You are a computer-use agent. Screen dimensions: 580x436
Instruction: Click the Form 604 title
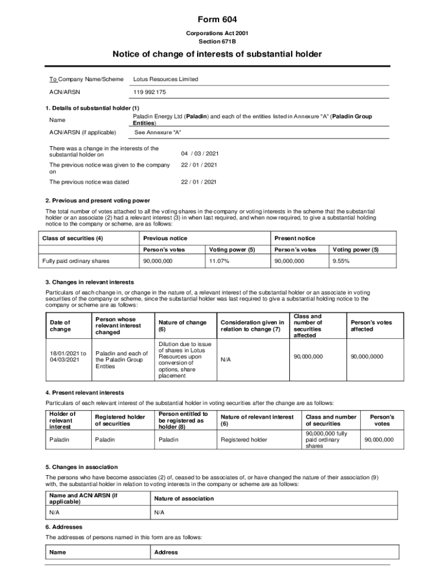217,20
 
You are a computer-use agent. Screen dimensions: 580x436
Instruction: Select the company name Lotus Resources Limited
165,79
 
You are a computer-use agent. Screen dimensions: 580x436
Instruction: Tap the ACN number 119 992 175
150,92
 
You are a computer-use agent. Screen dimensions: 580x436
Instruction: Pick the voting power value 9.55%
341,261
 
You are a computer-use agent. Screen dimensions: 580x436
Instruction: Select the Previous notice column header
165,238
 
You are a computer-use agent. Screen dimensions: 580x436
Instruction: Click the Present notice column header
294,238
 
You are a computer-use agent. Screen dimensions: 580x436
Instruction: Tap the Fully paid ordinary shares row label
76,261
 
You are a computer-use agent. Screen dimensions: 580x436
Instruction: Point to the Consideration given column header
252,326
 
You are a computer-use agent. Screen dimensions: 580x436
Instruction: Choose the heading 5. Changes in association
81,467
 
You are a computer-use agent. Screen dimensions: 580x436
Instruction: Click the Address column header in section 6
166,552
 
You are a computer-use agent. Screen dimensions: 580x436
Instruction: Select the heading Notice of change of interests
217,54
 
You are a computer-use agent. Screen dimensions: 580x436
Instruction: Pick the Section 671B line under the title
217,42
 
